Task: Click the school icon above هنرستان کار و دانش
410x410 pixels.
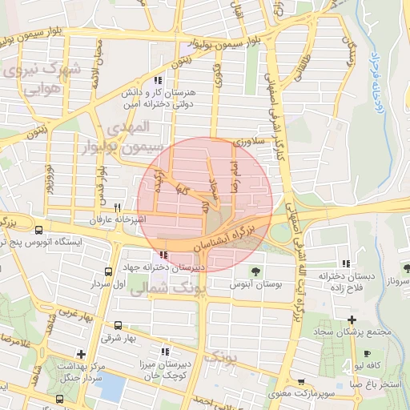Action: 159,81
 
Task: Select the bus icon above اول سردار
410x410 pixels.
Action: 108,272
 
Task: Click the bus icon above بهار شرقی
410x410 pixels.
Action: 119,325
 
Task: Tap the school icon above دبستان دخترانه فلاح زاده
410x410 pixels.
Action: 345,263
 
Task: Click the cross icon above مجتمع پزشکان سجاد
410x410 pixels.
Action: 351,320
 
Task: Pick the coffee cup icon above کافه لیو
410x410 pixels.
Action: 366,353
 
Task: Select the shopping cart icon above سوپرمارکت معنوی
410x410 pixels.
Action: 300,383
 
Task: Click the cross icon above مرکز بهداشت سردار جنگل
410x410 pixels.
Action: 80,353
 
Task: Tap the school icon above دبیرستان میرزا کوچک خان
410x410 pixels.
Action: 165,351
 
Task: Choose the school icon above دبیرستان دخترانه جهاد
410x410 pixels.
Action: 164,256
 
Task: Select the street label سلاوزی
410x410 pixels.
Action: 247,143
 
